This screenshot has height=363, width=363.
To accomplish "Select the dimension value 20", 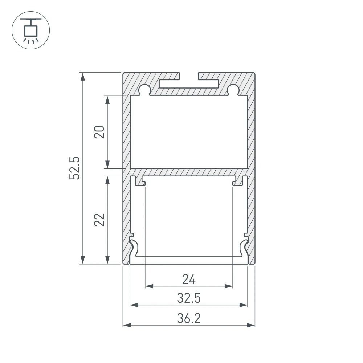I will (x=100, y=132).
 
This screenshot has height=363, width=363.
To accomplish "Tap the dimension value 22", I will (x=100, y=220).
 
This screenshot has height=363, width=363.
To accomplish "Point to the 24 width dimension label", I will (x=189, y=280).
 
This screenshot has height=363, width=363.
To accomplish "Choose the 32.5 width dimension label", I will (x=189, y=298).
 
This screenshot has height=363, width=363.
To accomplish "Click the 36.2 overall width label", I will (x=189, y=318).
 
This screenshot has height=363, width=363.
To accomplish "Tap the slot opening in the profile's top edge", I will (x=189, y=76).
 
